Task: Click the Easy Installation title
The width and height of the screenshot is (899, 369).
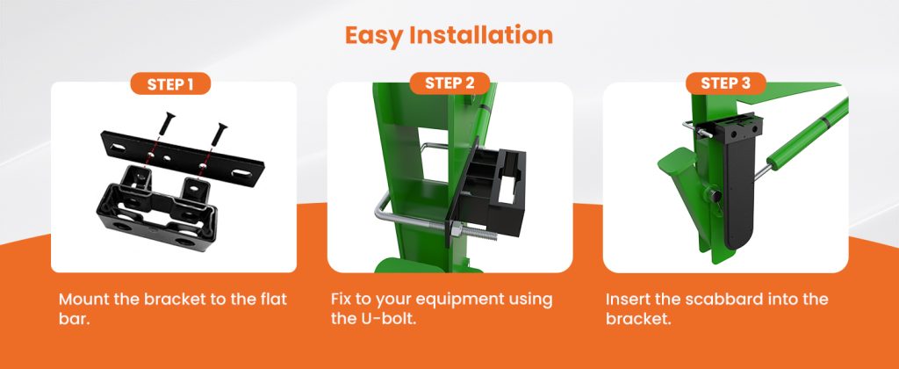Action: pyautogui.click(x=449, y=35)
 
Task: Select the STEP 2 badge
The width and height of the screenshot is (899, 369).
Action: pyautogui.click(x=449, y=83)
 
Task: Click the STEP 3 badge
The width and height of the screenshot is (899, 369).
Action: pyautogui.click(x=725, y=83)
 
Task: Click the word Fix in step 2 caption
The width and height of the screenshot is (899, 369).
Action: pyautogui.click(x=345, y=300)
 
